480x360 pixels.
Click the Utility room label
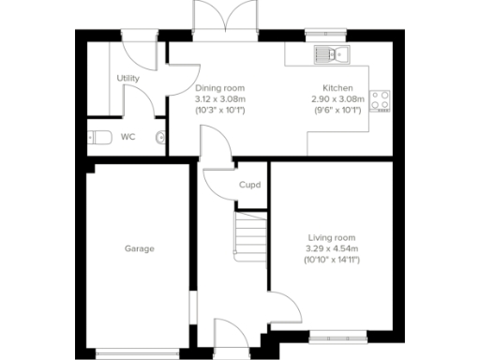click(x=128, y=79)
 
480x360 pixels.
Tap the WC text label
click(x=127, y=137)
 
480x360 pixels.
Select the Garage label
click(x=140, y=248)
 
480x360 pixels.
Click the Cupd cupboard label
click(x=249, y=185)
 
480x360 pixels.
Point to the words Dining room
click(x=219, y=87)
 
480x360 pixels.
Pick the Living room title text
click(x=333, y=236)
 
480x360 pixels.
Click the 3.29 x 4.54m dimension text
click(x=333, y=247)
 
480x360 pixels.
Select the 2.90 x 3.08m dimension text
click(x=335, y=98)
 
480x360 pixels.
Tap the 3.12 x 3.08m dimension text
click(x=219, y=98)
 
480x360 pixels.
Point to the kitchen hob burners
click(x=381, y=99)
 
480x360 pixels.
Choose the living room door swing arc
click(x=284, y=307)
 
